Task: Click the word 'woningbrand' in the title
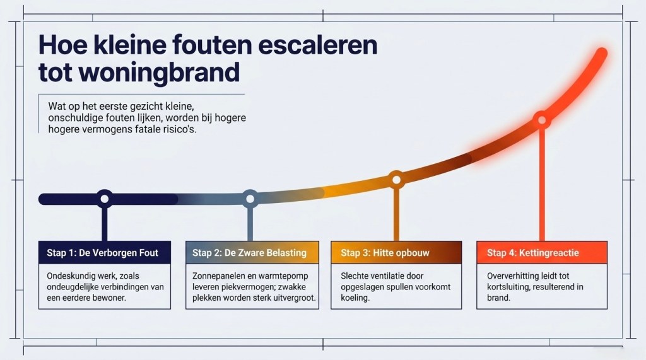(x=159, y=72)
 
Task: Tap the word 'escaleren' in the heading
(x=318, y=45)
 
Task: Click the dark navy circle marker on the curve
(x=105, y=199)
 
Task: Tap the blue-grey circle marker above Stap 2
(x=250, y=199)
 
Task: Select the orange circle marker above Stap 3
(x=396, y=180)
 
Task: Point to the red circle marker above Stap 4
(x=542, y=120)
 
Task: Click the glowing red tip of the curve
(x=601, y=53)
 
